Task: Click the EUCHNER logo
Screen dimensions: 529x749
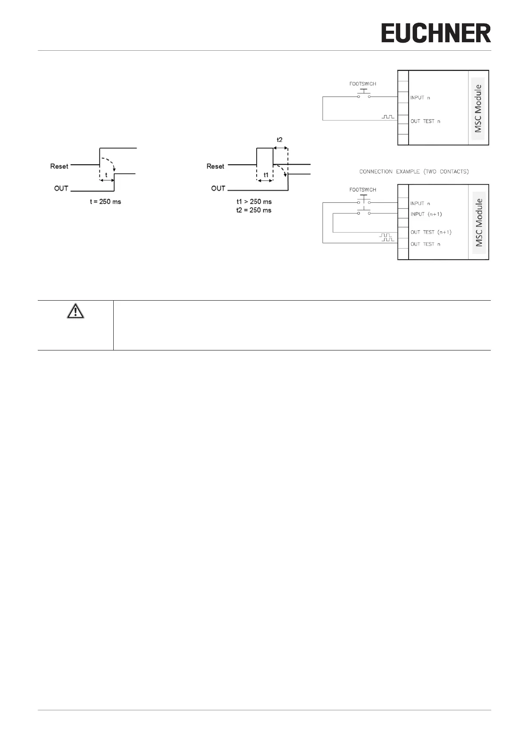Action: tap(436, 33)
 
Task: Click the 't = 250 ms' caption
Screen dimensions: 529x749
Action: tap(106, 201)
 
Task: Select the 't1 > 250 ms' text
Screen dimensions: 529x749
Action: tap(254, 201)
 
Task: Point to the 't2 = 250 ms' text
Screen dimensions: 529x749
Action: tap(254, 210)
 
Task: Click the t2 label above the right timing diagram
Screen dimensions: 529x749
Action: tap(280, 140)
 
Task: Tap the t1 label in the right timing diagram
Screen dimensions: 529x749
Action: tap(266, 175)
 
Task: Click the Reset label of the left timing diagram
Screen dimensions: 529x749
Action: tap(60, 166)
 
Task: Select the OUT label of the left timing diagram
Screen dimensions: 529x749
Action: tap(61, 188)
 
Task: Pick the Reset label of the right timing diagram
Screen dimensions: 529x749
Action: tap(215, 166)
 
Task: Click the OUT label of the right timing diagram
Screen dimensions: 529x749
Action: tap(218, 188)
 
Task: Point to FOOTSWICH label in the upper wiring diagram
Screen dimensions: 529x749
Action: tap(363, 84)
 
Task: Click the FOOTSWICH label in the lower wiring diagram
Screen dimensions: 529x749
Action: tap(363, 189)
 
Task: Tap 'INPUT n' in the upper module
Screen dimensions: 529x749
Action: tap(420, 97)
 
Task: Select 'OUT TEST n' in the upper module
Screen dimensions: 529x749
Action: tap(426, 121)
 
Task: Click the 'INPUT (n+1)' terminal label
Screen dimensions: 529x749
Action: tap(426, 214)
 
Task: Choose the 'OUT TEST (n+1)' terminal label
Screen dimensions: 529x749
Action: tap(431, 232)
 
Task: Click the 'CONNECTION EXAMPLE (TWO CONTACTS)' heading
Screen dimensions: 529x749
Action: tap(414, 172)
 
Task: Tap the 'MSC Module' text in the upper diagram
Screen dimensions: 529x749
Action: tap(478, 109)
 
